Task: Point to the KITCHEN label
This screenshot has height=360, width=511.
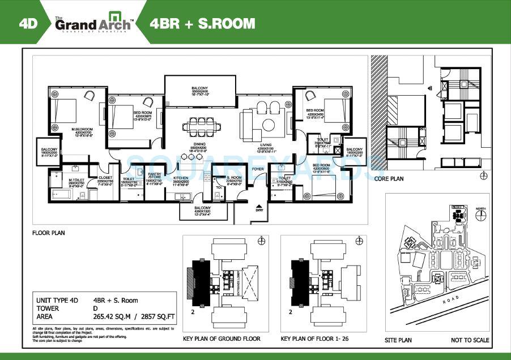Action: [181, 178]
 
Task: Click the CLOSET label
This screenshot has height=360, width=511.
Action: [105, 177]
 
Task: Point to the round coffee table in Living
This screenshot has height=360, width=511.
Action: [268, 124]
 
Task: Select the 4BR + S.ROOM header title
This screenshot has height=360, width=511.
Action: [202, 24]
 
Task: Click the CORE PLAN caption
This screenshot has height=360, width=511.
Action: [389, 178]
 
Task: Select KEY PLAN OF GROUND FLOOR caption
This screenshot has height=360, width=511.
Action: [222, 338]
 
